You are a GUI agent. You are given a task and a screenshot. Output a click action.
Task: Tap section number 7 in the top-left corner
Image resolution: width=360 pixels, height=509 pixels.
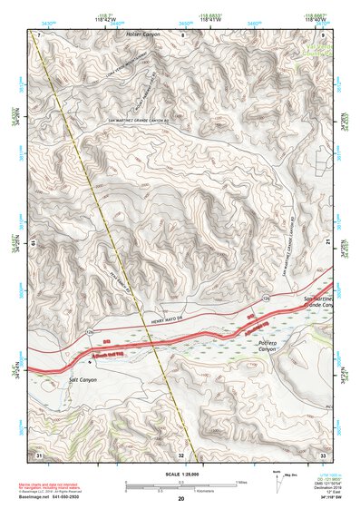(x=39, y=34)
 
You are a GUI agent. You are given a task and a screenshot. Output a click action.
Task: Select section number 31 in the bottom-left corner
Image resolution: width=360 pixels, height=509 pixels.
(x=38, y=454)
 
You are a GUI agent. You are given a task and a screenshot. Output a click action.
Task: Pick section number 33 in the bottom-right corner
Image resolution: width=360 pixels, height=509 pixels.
(x=323, y=454)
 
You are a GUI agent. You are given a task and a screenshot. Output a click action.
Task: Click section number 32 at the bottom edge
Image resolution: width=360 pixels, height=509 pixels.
(x=180, y=455)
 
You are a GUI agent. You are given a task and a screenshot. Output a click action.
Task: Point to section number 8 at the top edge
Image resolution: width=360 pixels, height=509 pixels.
(x=181, y=34)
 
